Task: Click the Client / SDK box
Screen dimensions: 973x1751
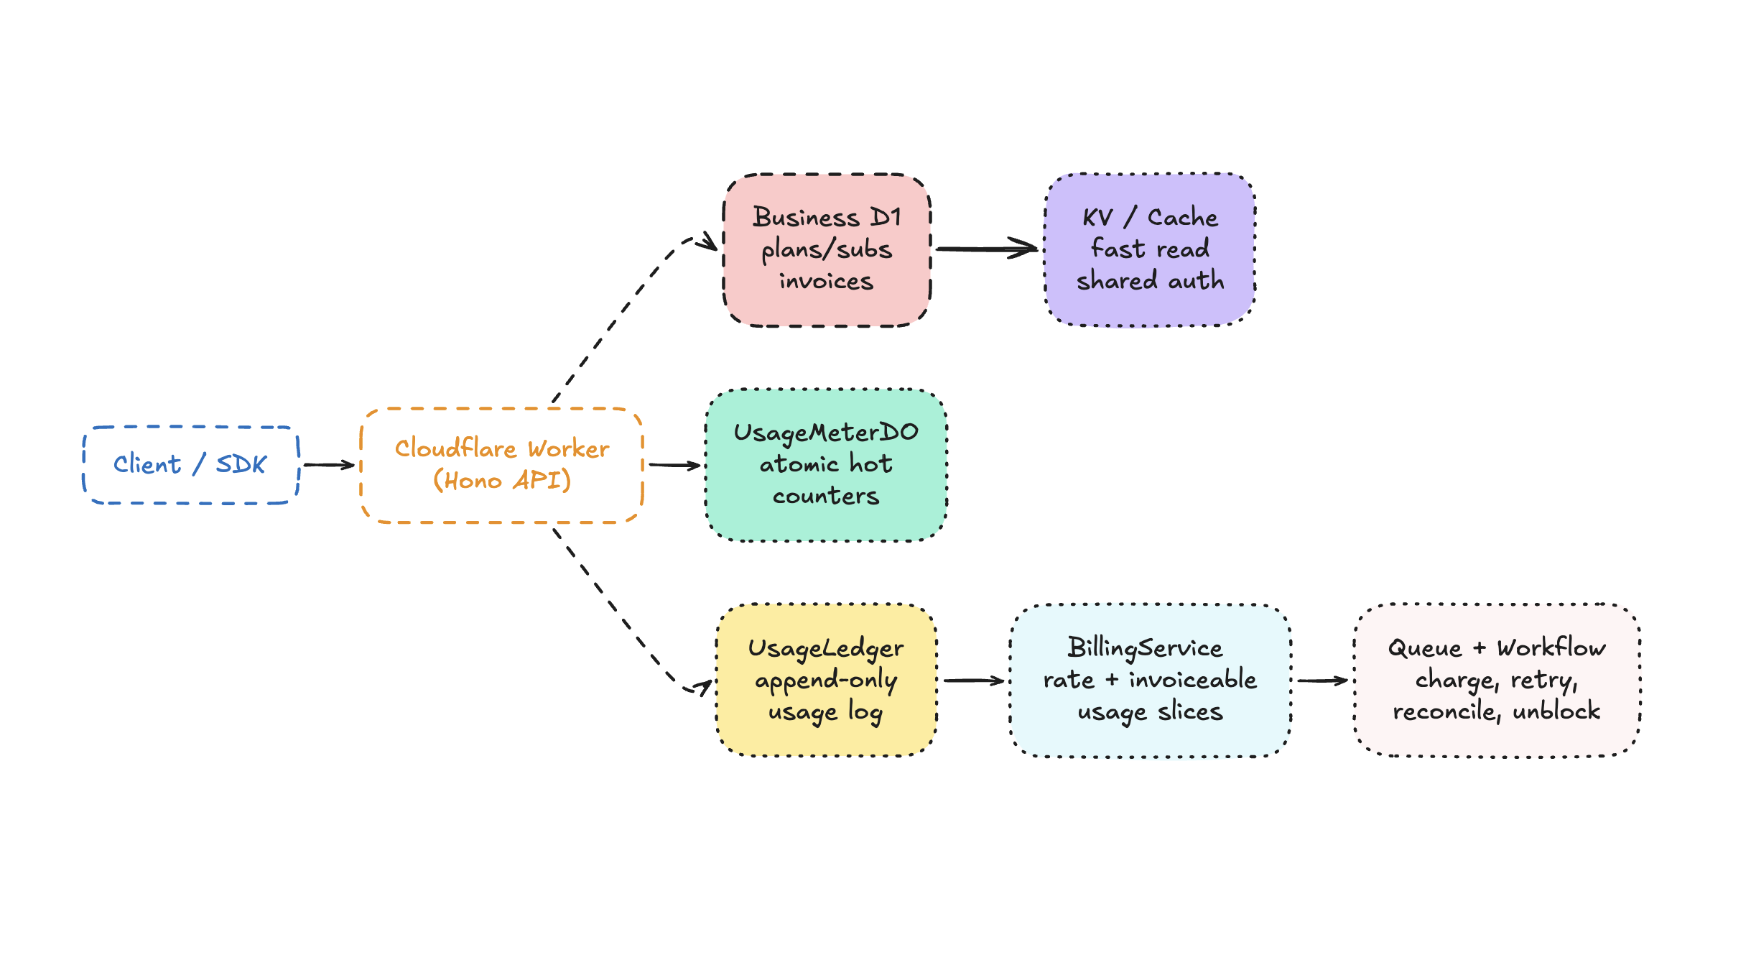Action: pyautogui.click(x=190, y=465)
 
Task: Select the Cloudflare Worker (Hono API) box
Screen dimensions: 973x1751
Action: pyautogui.click(x=501, y=465)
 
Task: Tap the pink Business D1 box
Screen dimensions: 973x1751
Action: pyautogui.click(x=827, y=249)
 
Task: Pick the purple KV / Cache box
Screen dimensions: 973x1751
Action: pyautogui.click(x=1150, y=249)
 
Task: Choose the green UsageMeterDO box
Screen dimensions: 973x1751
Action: pyautogui.click(x=826, y=465)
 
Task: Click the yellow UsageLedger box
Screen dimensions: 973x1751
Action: pyautogui.click(x=826, y=680)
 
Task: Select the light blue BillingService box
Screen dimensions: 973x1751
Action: pyautogui.click(x=1150, y=680)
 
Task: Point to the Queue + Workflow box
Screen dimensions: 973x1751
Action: pyautogui.click(x=1497, y=680)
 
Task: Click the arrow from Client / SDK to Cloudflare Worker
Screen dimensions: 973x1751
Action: pyautogui.click(x=329, y=465)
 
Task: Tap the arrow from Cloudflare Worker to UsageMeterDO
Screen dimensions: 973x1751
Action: pyautogui.click(x=674, y=465)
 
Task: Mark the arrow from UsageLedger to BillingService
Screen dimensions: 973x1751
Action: pyautogui.click(x=973, y=680)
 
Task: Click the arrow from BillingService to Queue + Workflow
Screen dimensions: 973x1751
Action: pyautogui.click(x=1322, y=680)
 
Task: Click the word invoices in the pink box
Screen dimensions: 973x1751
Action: pyautogui.click(x=826, y=281)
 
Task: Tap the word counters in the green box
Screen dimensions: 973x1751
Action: pyautogui.click(x=826, y=496)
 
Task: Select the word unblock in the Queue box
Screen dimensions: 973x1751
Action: pyautogui.click(x=1556, y=711)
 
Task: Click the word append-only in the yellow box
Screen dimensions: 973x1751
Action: pyautogui.click(x=826, y=680)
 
